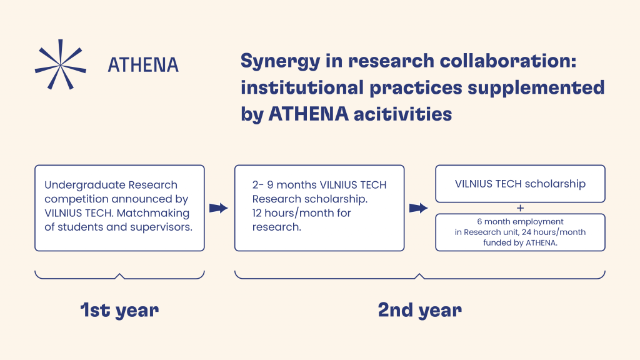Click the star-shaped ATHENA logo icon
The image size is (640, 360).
coord(61,64)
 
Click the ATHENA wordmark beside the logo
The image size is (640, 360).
coord(143,65)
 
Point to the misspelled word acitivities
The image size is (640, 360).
coord(403,114)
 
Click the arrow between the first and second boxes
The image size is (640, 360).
coord(219,208)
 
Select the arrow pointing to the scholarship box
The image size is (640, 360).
coord(419,208)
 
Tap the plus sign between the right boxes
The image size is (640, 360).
coord(520,208)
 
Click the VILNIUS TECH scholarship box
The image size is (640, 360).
coord(520,184)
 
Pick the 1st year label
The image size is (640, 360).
coord(119,311)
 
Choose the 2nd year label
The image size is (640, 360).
coord(419,311)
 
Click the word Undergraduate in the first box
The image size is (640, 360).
coord(85,185)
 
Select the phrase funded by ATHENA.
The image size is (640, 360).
coord(520,243)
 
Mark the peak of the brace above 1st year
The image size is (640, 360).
coord(119,274)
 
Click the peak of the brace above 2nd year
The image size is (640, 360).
coord(419,274)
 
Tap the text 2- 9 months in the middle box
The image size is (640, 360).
coord(284,185)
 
